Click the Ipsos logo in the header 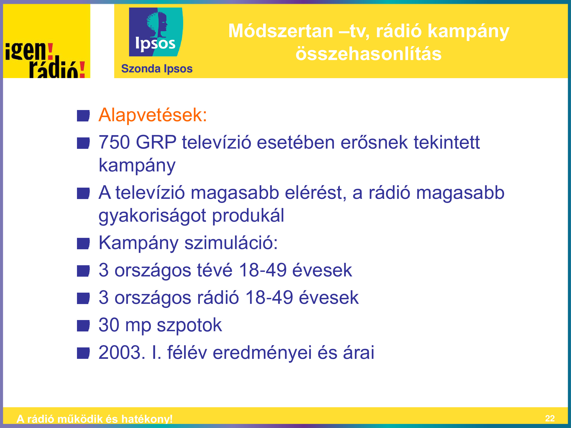point(156,32)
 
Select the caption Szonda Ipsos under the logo point(157,69)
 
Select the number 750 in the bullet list point(114,142)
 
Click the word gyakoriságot point(152,216)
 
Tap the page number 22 point(550,418)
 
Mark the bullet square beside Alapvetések point(83,116)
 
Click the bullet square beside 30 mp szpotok point(83,326)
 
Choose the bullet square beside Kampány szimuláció point(83,244)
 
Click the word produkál point(248,215)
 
